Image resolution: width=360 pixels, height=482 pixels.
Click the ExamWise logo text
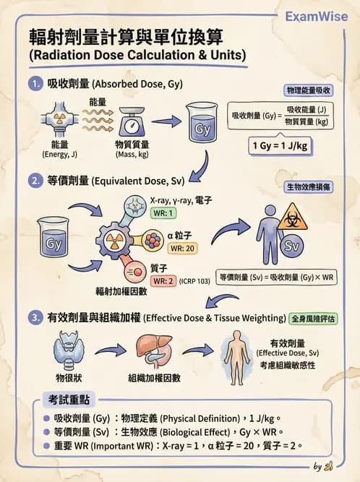(316, 16)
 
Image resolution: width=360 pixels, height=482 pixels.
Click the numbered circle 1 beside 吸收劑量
(35, 84)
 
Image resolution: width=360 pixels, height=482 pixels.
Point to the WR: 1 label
(163, 213)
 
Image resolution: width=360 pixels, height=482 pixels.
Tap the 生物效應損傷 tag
(307, 186)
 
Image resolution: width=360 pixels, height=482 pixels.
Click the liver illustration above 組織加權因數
(153, 350)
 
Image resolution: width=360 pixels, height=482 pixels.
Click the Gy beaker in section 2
(53, 238)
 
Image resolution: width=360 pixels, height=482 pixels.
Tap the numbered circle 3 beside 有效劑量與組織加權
(35, 317)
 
